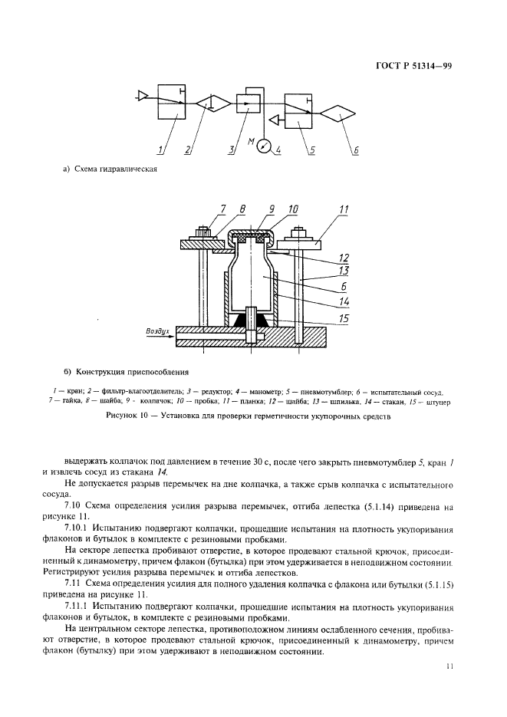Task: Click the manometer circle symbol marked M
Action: point(265,142)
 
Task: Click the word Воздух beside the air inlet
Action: point(158,331)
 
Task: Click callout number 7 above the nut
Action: point(202,209)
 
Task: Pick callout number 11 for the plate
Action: point(342,209)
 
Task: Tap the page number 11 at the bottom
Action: point(449,666)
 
